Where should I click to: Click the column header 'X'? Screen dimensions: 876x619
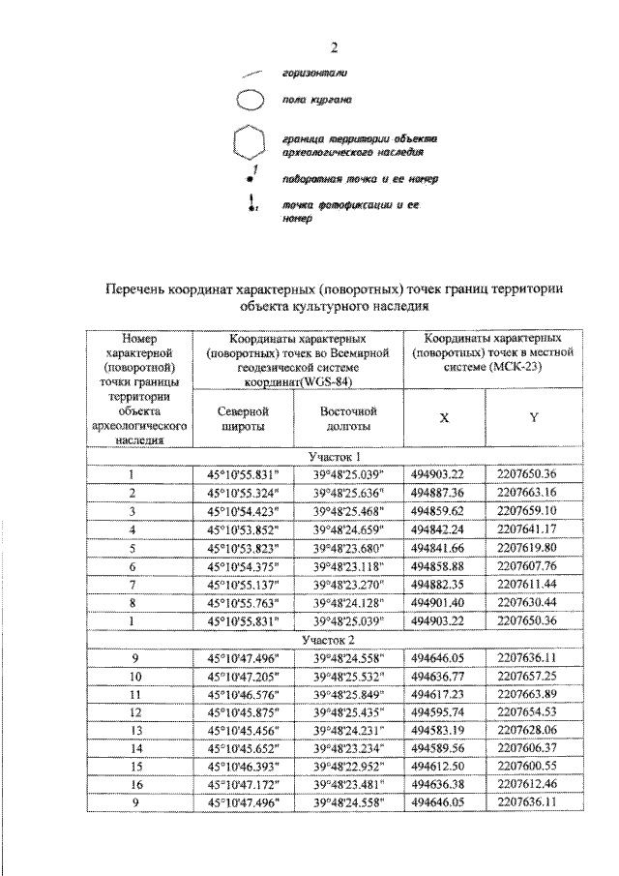(x=444, y=418)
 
